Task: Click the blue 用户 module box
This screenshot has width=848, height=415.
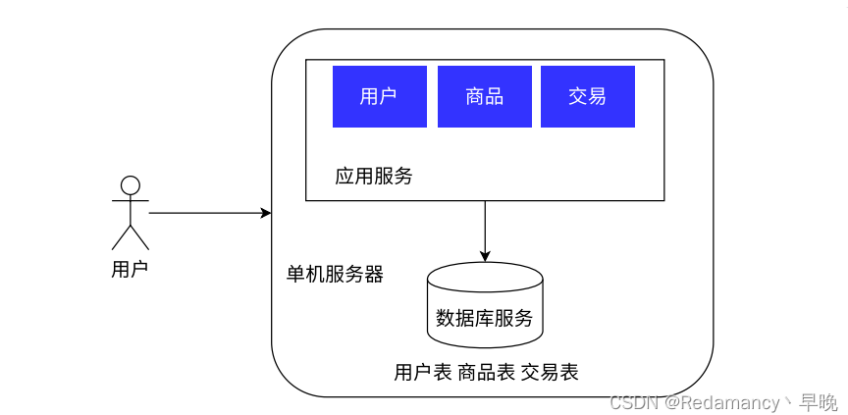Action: pyautogui.click(x=380, y=97)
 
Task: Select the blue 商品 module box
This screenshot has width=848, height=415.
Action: pyautogui.click(x=485, y=97)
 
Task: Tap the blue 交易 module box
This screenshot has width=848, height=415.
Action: pyautogui.click(x=588, y=97)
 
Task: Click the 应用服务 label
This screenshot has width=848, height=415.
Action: pyautogui.click(x=374, y=177)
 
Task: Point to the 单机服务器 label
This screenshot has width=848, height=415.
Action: pyautogui.click(x=335, y=275)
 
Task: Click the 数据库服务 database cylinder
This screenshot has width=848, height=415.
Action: pyautogui.click(x=485, y=305)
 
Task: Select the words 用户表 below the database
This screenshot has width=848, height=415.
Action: pyautogui.click(x=423, y=372)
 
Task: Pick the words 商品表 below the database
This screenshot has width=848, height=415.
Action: pyautogui.click(x=486, y=372)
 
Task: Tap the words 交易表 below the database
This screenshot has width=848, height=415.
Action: pyautogui.click(x=550, y=372)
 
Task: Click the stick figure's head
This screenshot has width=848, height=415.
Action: pyautogui.click(x=131, y=185)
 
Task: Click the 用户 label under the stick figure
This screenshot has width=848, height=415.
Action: pyautogui.click(x=130, y=269)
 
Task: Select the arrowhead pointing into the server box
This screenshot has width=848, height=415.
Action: pyautogui.click(x=266, y=213)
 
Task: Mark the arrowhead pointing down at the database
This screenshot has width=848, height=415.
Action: pyautogui.click(x=485, y=257)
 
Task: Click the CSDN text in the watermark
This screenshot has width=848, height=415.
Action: pyautogui.click(x=634, y=402)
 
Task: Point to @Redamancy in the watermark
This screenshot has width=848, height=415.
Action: pyautogui.click(x=722, y=402)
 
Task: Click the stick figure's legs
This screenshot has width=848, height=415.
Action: pyautogui.click(x=131, y=237)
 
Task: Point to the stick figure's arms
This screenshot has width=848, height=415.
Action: pyautogui.click(x=131, y=200)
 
